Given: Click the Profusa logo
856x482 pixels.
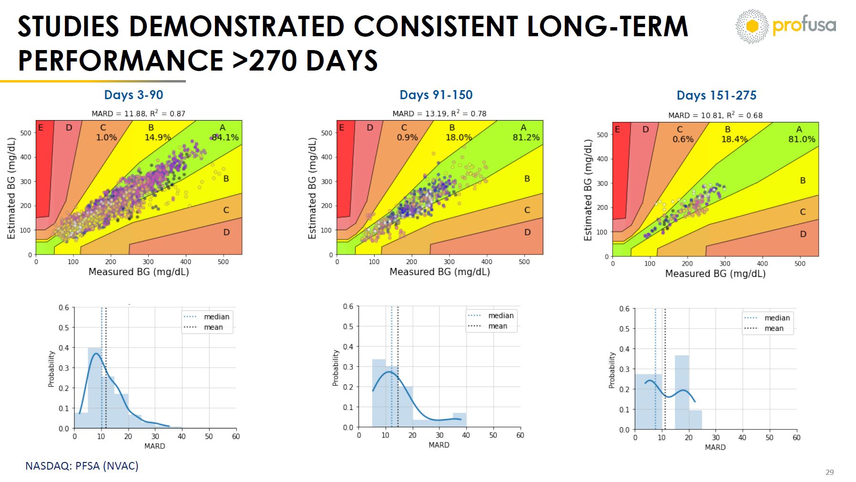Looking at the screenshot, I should (x=785, y=26).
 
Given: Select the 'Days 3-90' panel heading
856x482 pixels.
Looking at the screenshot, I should (x=133, y=95).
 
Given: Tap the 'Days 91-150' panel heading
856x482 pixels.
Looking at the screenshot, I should (x=436, y=95).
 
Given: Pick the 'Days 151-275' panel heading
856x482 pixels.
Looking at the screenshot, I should (x=716, y=95).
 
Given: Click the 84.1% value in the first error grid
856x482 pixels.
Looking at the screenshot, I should (x=225, y=137).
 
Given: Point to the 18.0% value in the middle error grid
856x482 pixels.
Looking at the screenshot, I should (x=459, y=137).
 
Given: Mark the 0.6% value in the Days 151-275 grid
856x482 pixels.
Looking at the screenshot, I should (x=683, y=139).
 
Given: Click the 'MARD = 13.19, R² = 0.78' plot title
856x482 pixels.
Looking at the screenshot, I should (x=439, y=113).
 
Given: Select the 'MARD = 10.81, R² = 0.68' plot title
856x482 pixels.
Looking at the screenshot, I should (x=715, y=115).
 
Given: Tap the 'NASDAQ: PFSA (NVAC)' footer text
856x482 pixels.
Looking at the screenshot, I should (x=82, y=466).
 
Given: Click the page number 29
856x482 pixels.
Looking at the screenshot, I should (x=829, y=472).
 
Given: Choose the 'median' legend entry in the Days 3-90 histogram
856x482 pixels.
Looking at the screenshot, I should (x=216, y=317).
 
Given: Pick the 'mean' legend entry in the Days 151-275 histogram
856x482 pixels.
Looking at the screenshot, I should (x=774, y=328).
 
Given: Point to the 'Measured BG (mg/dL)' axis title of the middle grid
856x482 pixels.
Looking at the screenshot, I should (x=439, y=272).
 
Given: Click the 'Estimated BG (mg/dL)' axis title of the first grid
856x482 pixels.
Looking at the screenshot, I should (x=11, y=188).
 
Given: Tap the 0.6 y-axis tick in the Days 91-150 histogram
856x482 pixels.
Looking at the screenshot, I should (x=348, y=306).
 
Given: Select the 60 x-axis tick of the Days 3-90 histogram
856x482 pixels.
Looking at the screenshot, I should (x=235, y=436).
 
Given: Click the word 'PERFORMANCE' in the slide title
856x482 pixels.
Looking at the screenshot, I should (x=121, y=61).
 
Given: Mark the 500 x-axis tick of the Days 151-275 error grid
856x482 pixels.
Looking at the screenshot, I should (x=800, y=263).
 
